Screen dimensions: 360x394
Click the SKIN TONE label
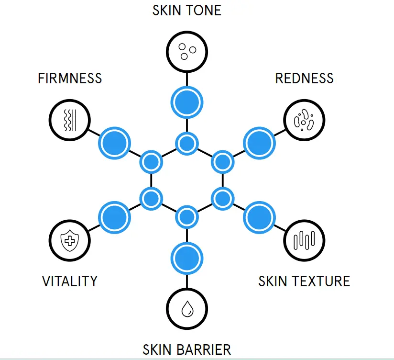pos(187,11)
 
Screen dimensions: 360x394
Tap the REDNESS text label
pos(304,78)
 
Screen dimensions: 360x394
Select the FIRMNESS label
pos(70,78)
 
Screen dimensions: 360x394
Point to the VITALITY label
pos(70,281)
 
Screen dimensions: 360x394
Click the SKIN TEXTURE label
pos(304,281)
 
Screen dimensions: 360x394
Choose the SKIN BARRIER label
pos(187,349)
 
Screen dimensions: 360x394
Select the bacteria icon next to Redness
pos(304,120)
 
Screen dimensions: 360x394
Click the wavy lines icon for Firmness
pos(70,120)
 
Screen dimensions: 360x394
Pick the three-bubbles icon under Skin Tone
pos(187,51)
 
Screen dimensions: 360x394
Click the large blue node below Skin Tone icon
pos(187,102)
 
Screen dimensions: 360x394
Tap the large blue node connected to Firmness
pos(115,142)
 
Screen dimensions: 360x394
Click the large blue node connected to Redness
pos(259,142)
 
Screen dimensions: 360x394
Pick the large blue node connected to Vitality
pos(115,217)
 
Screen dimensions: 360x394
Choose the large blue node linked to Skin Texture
pos(259,217)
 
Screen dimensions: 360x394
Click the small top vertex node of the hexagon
pos(187,143)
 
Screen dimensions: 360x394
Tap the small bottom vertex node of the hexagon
pos(187,217)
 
